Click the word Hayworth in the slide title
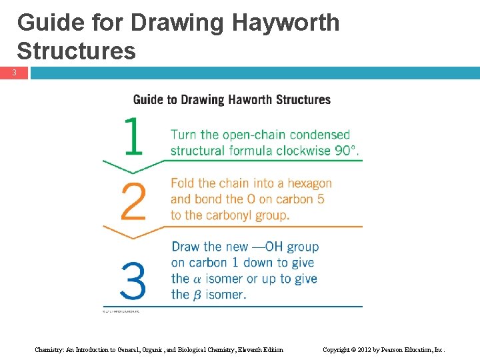pos(285,23)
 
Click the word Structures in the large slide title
pos(76,51)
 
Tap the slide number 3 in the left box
pos(14,73)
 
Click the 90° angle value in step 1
pos(346,151)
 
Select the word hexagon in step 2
pos(306,183)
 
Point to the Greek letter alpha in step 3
pos(197,279)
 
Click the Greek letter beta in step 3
pos(197,295)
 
